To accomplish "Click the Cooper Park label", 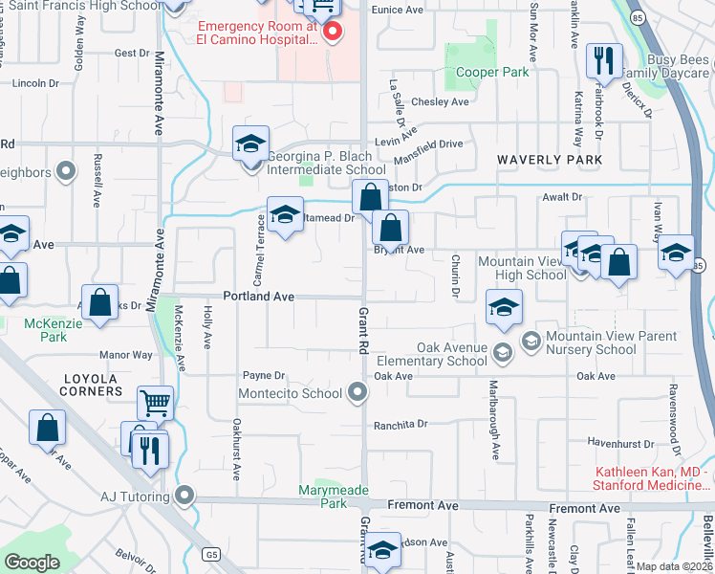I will click(493, 72).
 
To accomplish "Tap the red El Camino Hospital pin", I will click(333, 32).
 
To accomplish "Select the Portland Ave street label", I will click(258, 297).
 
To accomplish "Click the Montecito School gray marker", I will click(357, 392).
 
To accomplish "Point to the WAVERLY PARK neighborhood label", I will click(550, 159).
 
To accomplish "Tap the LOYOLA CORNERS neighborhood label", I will click(92, 384).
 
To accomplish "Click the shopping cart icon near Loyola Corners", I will click(155, 403).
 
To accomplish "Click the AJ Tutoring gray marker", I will click(184, 496).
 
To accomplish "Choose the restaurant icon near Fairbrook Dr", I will click(601, 62).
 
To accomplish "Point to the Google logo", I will click(32, 563).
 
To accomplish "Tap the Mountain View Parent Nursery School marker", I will click(531, 340).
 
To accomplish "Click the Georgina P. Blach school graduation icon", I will click(250, 145).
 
